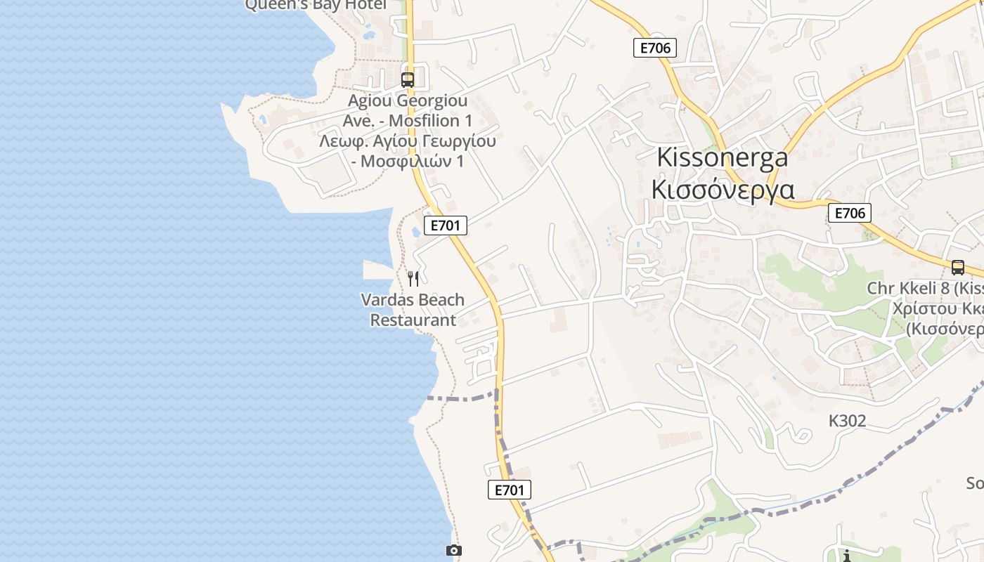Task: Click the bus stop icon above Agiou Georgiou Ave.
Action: coord(408,79)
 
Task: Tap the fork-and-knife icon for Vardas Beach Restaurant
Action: coord(413,279)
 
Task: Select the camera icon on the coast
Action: coord(454,550)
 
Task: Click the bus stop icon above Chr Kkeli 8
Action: coord(957,267)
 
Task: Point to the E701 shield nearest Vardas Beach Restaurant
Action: coord(446,226)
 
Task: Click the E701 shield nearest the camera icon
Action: coord(510,490)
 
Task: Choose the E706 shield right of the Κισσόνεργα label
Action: coord(849,213)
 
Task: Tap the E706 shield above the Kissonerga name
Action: coord(655,48)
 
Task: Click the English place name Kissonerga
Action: coord(722,157)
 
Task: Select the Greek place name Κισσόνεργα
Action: coord(723,190)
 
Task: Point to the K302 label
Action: coord(847,421)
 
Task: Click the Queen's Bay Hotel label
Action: coord(316,5)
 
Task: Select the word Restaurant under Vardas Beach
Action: coord(413,320)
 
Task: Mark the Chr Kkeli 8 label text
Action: coord(921,288)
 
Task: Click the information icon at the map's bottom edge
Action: coord(847,556)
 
